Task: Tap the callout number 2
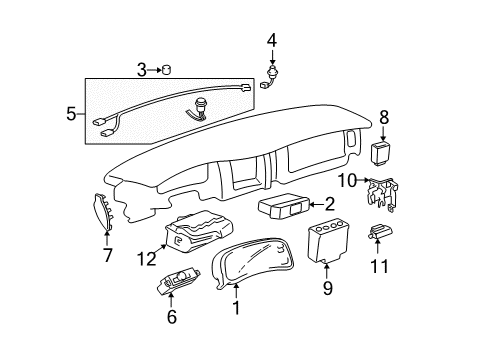(330, 203)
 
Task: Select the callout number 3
(141, 69)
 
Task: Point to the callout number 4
(271, 41)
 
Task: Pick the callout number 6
(171, 317)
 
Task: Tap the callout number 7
(109, 257)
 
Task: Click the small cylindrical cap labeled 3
(167, 69)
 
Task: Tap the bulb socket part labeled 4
(271, 76)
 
